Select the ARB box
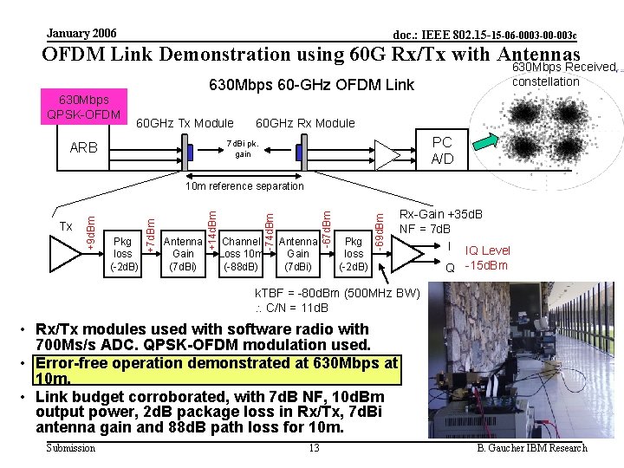click(84, 148)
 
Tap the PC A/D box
click(441, 150)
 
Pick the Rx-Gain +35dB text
click(441, 214)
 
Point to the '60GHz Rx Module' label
click(305, 123)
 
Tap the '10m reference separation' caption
click(245, 185)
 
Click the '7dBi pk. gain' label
click(242, 148)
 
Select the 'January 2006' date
click(81, 32)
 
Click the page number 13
click(315, 447)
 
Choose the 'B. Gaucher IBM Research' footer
click(532, 448)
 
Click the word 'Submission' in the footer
click(71, 448)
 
